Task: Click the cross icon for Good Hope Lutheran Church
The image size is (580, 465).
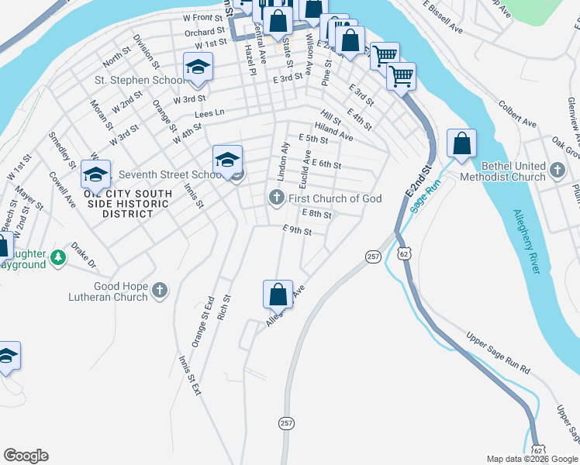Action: pyautogui.click(x=159, y=291)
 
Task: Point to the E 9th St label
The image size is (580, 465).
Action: pyautogui.click(x=297, y=230)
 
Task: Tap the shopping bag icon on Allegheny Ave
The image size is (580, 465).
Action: pyautogui.click(x=278, y=295)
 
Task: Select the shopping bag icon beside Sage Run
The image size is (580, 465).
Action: pyautogui.click(x=461, y=144)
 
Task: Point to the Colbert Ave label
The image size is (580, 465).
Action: pyautogui.click(x=517, y=113)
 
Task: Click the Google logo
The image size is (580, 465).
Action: pyautogui.click(x=26, y=456)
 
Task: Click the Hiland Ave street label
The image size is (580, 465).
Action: pyautogui.click(x=333, y=132)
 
